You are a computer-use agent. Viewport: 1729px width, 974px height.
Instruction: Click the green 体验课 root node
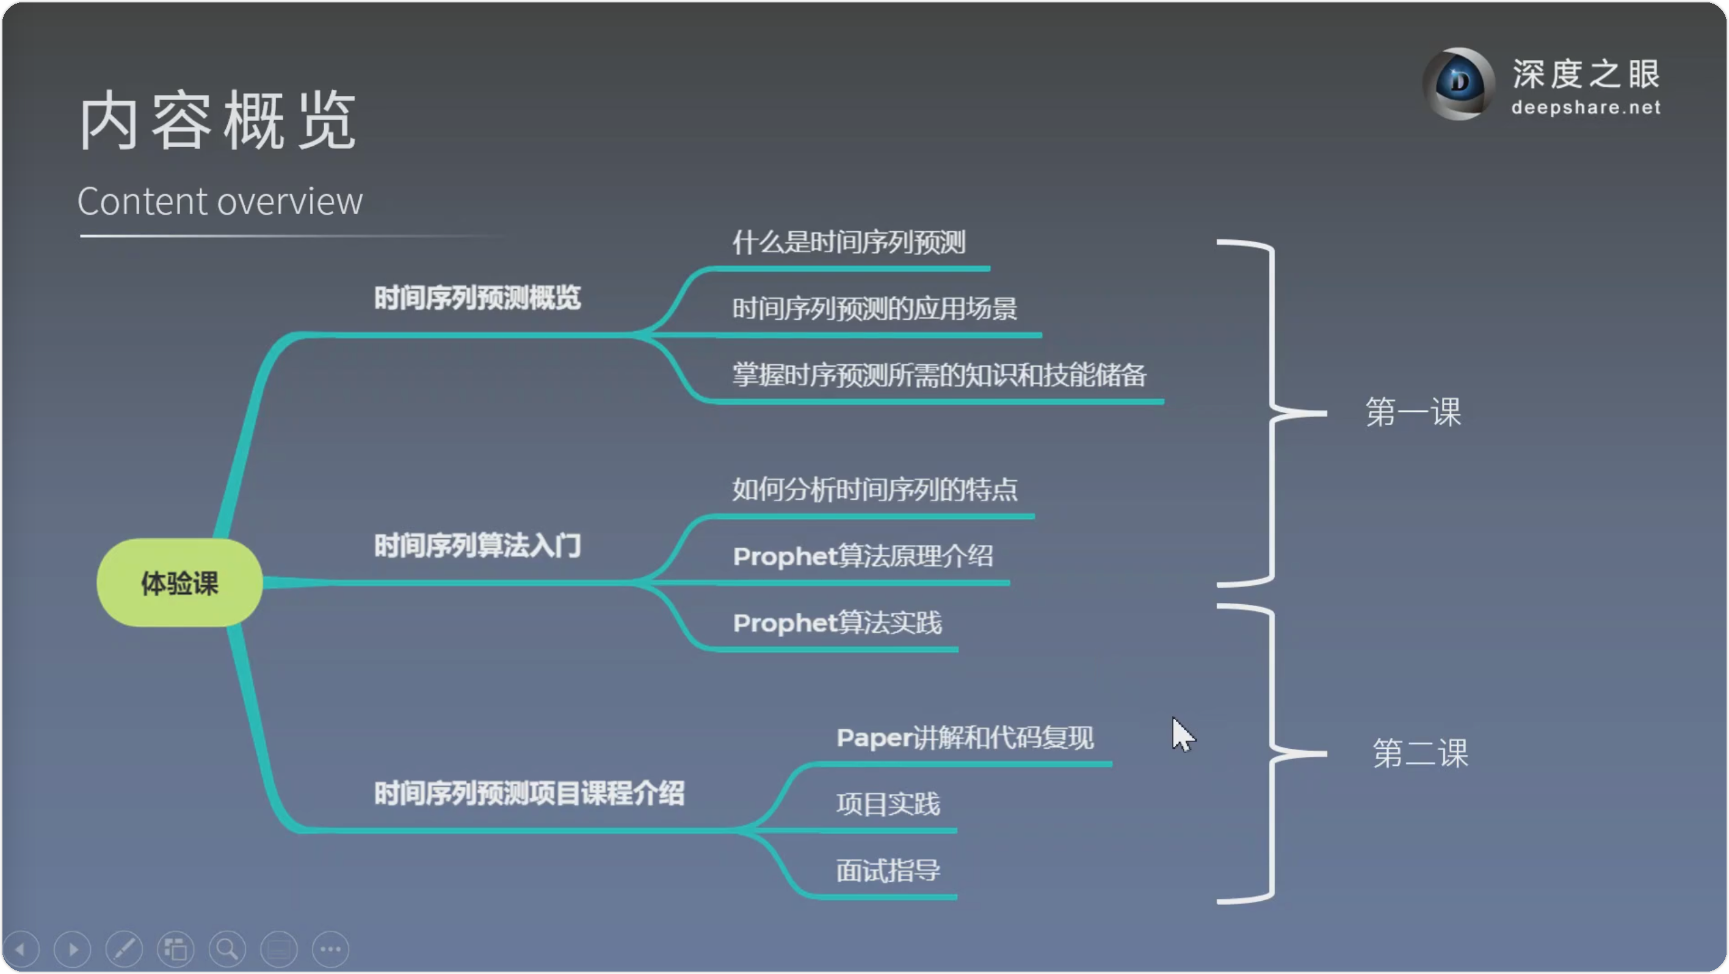pos(179,582)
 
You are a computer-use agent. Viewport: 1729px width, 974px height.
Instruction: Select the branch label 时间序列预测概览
pos(477,298)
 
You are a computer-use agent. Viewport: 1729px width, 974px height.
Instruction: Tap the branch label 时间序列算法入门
pos(477,546)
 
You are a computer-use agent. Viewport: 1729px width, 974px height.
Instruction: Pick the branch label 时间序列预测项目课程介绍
pos(529,793)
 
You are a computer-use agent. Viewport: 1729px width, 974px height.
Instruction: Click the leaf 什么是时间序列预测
pos(849,242)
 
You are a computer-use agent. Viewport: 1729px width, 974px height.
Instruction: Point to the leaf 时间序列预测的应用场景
pos(874,309)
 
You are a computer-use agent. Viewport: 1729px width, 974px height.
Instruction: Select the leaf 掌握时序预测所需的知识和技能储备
pos(939,375)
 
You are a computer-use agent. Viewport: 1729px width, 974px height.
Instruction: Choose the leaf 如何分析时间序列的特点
pos(874,489)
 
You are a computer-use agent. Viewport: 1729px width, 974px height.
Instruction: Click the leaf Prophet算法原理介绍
pos(863,555)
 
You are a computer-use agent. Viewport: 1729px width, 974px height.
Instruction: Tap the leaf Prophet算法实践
pos(838,622)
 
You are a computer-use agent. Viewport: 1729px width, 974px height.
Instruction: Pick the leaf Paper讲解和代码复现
pos(965,737)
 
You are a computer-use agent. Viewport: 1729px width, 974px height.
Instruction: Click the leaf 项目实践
pos(888,804)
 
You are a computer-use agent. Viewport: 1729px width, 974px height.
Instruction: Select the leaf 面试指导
pos(888,870)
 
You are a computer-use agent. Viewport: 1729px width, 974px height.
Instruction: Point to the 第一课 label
pos(1413,411)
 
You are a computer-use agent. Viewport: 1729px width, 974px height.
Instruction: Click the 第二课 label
pos(1420,752)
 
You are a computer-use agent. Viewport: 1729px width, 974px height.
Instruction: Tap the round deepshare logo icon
pos(1459,83)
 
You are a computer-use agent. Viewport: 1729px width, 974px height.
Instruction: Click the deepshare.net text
pos(1586,107)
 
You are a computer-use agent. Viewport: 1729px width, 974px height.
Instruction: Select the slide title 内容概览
pos(217,121)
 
